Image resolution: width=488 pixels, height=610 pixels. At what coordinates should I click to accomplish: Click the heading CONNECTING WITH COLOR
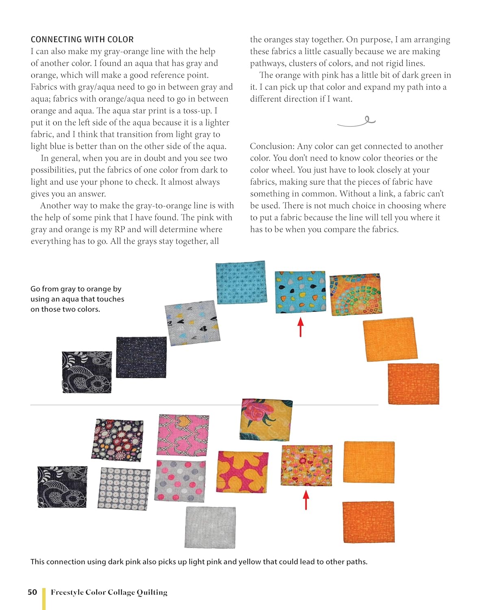[x=82, y=39]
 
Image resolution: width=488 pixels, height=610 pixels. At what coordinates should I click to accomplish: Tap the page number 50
[x=33, y=592]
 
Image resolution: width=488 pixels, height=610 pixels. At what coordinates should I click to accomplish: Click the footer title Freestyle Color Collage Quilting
[x=109, y=592]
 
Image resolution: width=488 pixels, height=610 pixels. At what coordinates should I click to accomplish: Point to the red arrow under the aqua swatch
[x=301, y=327]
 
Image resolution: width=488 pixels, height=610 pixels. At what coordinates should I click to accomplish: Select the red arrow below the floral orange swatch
[x=306, y=499]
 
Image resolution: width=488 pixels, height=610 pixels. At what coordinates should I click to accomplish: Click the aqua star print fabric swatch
[x=241, y=282]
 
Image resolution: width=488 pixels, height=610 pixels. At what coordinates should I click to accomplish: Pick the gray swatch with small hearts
[x=192, y=323]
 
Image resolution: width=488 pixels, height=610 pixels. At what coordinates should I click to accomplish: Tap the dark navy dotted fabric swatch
[x=141, y=357]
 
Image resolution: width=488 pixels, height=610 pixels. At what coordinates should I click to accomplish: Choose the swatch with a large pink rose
[x=267, y=419]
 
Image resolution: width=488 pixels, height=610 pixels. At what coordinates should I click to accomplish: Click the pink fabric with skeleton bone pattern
[x=183, y=435]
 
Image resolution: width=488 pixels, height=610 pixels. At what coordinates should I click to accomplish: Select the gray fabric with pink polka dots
[x=180, y=481]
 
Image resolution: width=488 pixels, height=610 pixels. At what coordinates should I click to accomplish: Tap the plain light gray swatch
[x=210, y=527]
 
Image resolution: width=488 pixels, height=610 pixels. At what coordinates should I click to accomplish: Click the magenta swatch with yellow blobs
[x=243, y=472]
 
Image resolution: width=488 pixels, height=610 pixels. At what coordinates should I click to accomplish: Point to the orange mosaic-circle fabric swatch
[x=355, y=294]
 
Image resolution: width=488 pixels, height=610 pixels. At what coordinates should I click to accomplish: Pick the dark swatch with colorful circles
[x=118, y=440]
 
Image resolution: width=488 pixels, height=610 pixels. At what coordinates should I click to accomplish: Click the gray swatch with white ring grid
[x=124, y=488]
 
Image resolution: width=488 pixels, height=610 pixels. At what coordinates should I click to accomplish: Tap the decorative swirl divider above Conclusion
[x=356, y=121]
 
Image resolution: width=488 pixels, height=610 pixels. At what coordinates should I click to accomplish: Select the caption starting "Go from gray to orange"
[x=77, y=299]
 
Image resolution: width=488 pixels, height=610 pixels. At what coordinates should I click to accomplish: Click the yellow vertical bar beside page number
[x=44, y=598]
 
